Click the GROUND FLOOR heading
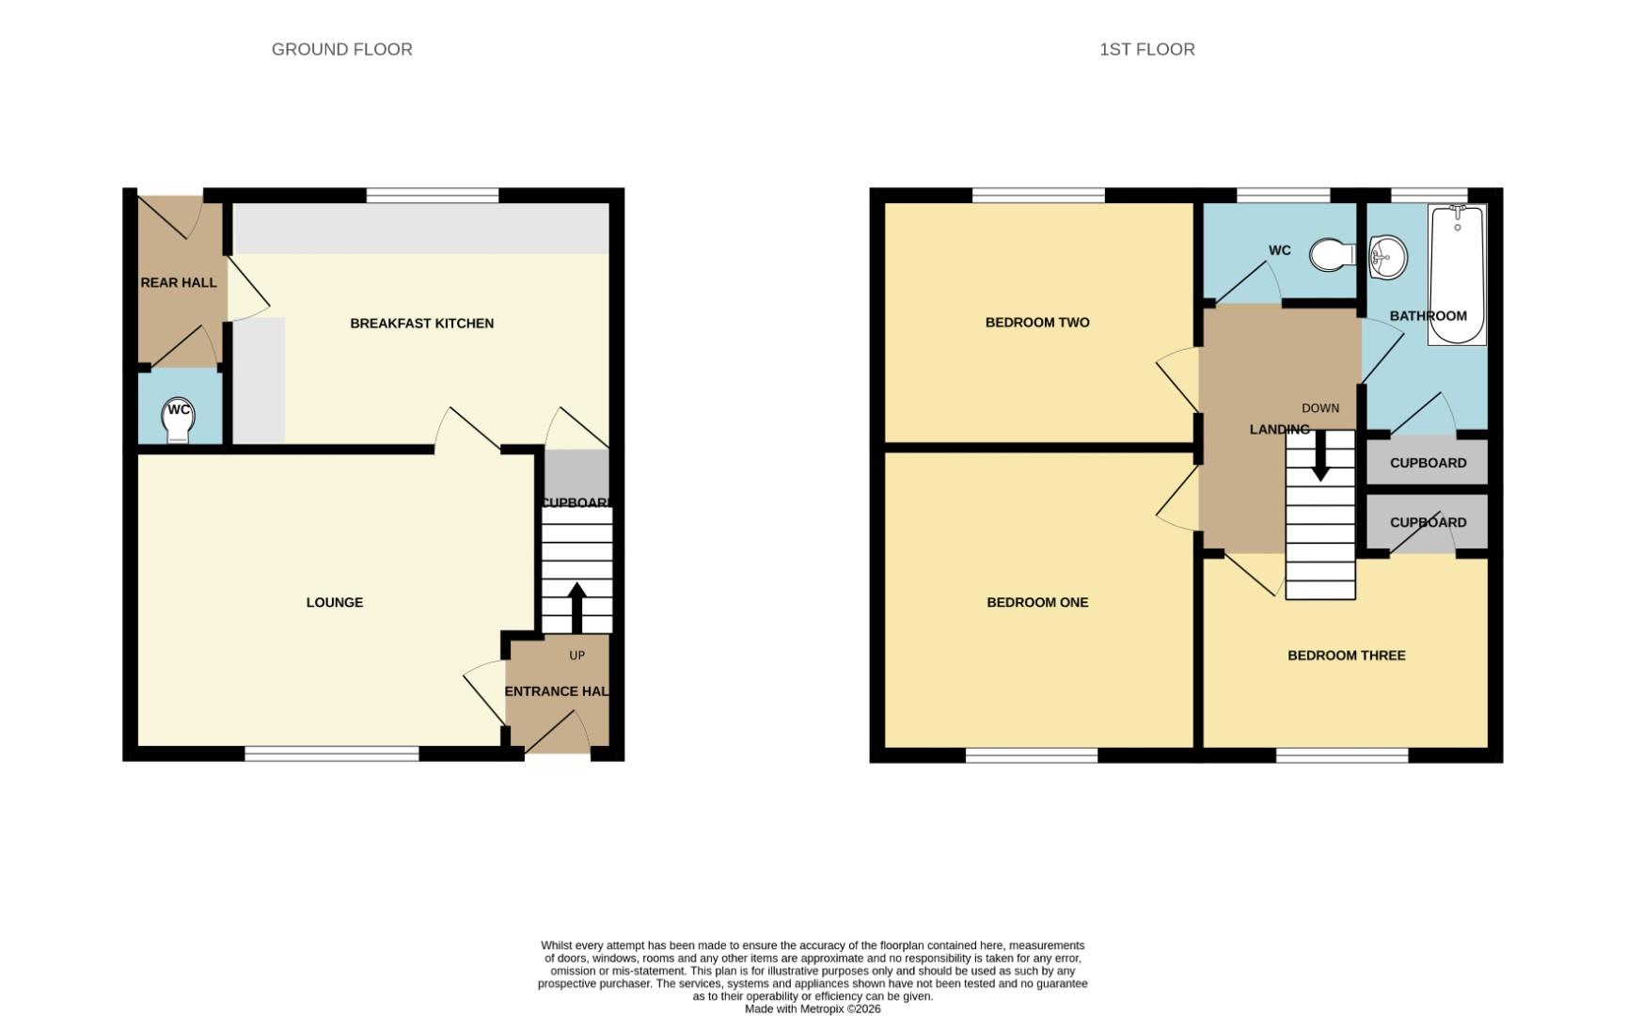341,49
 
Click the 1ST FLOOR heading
1146,49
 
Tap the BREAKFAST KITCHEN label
421,323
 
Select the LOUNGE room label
334,602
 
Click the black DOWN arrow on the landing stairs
1320,457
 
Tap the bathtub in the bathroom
1456,275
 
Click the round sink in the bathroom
1386,257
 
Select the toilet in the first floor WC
1332,254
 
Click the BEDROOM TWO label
1037,322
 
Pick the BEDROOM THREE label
1346,655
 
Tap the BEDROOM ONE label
1037,602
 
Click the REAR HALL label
179,282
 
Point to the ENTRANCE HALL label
557,691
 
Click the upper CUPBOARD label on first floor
1428,463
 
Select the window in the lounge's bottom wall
332,754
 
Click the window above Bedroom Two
1038,195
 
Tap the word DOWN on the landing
1319,408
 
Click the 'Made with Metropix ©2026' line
813,1008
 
